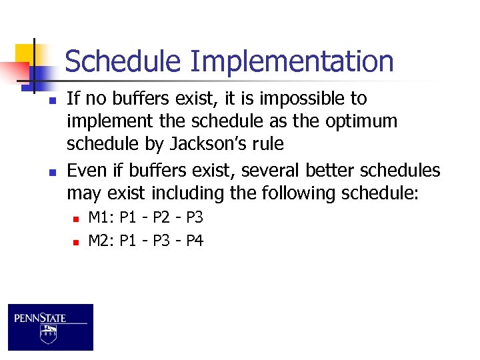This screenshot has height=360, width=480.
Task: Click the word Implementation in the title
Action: point(291,61)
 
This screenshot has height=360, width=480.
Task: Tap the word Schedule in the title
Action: point(123,61)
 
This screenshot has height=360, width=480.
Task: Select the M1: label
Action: point(101,217)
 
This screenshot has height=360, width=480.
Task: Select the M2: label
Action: point(101,240)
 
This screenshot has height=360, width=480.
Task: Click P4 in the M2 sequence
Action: point(194,240)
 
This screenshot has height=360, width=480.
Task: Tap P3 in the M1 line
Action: point(194,217)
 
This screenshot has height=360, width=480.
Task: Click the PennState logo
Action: point(51,327)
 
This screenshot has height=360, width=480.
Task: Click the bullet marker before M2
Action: point(77,241)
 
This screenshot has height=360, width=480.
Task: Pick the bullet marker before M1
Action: point(77,219)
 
